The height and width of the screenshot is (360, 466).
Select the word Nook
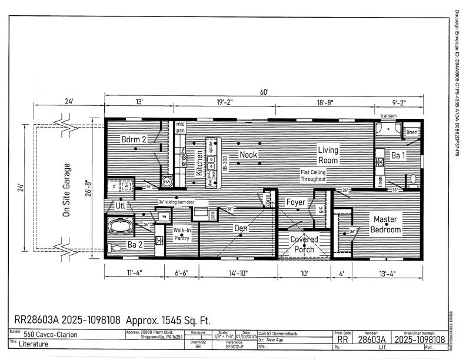tap(248, 154)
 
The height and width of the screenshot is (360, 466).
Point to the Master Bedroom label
tap(387, 224)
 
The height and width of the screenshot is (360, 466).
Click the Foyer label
tap(296, 202)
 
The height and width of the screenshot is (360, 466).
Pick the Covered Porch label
tap(304, 244)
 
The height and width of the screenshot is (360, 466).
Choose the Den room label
tap(241, 228)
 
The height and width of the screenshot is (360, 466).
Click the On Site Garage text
tap(66, 191)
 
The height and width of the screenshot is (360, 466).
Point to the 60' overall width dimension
tap(265, 92)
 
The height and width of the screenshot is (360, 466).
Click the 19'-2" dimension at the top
tap(224, 102)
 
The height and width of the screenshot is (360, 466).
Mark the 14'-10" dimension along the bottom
tap(238, 272)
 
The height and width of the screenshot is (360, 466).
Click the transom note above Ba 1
tap(389, 116)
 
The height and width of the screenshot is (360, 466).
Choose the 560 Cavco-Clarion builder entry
tap(51, 335)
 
